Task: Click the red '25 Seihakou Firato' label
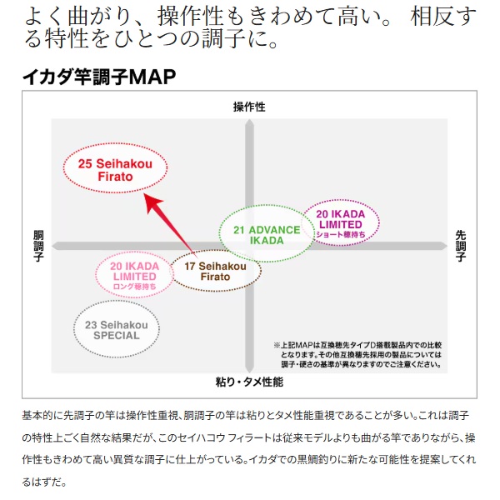(x=115, y=170)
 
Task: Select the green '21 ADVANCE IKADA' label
(x=267, y=235)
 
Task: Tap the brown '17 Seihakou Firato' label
(x=215, y=272)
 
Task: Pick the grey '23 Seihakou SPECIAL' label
(x=117, y=330)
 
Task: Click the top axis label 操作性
(x=249, y=107)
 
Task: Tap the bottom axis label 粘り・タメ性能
(x=249, y=382)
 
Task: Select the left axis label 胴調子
(x=38, y=246)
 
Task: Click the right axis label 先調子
(x=461, y=246)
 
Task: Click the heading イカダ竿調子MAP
(x=99, y=77)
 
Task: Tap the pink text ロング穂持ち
(x=134, y=287)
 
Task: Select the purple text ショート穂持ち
(x=341, y=234)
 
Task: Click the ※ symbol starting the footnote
(x=277, y=345)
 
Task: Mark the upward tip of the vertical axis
(x=249, y=119)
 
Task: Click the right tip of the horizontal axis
(x=447, y=246)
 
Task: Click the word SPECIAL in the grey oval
(x=117, y=336)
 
